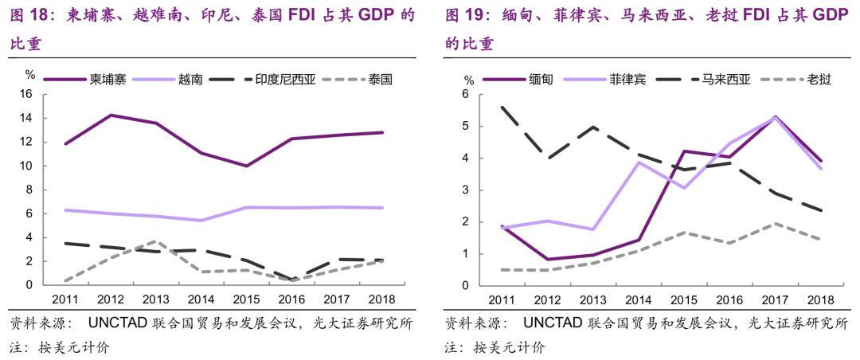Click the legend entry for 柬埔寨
106,80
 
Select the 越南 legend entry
190,80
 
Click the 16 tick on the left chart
25,94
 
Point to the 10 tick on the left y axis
25,166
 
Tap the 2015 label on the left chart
247,300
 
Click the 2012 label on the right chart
547,300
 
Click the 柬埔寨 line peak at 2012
111,115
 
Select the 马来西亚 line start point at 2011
502,107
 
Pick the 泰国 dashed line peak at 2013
157,241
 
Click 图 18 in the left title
30,15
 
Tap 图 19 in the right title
466,15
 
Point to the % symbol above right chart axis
468,80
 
